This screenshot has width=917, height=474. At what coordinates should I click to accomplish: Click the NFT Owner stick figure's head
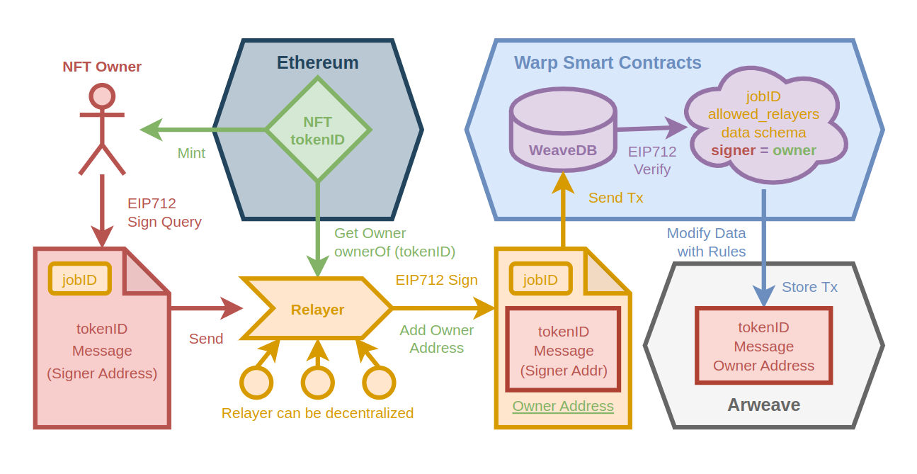click(102, 96)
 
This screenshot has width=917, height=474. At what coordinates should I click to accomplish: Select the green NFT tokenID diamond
click(318, 130)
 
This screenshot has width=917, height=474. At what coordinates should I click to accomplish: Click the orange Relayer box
click(317, 309)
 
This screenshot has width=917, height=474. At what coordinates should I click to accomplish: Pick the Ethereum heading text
click(317, 62)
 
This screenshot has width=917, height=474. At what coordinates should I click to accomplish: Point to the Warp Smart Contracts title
click(608, 62)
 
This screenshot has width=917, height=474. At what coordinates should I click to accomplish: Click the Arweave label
click(763, 405)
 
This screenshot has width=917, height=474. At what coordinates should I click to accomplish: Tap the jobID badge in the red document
click(79, 279)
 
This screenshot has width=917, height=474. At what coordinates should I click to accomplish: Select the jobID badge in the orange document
click(540, 279)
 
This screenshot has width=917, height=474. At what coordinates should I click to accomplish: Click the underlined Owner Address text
click(563, 406)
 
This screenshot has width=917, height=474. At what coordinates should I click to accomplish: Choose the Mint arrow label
click(191, 153)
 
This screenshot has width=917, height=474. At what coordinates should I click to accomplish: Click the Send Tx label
click(615, 198)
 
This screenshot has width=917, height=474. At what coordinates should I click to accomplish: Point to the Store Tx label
click(809, 287)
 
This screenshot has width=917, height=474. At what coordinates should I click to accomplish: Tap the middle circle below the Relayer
click(317, 383)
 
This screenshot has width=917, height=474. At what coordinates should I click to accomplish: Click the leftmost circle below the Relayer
click(256, 383)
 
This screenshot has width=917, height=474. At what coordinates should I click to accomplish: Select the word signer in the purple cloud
click(733, 150)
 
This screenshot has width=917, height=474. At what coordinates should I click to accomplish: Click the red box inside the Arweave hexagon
click(763, 346)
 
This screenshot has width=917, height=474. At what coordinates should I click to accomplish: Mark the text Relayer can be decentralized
click(317, 413)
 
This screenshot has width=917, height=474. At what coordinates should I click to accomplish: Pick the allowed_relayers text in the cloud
click(763, 114)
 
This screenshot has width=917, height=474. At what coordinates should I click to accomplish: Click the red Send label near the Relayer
click(206, 339)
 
